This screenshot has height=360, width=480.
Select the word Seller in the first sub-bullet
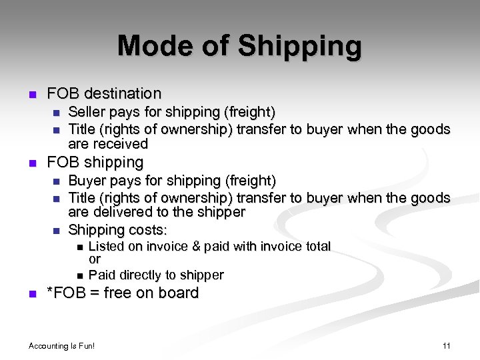coord(88,111)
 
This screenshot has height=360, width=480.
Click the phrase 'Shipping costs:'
coord(117,230)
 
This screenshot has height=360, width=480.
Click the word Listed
coord(109,247)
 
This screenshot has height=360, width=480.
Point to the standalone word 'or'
coord(95,259)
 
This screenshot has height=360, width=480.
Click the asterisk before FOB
coord(49,292)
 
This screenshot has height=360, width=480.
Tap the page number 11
coord(446,345)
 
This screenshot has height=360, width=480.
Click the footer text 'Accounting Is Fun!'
coord(62,345)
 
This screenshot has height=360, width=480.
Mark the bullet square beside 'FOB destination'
coord(31,94)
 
